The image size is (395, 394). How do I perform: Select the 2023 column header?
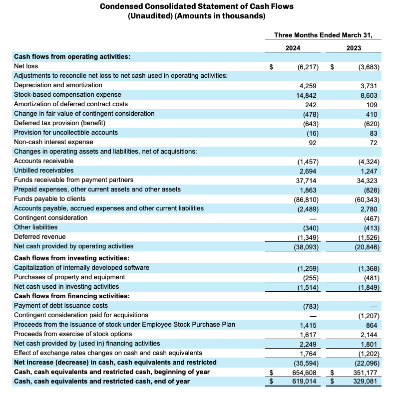click(354, 48)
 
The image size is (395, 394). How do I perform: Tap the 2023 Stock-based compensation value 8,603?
click(368, 95)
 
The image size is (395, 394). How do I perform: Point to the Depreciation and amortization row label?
click(58, 85)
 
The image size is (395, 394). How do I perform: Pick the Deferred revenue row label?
click(39, 237)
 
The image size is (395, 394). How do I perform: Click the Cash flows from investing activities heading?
click(71, 258)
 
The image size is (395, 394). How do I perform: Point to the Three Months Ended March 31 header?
click(324, 35)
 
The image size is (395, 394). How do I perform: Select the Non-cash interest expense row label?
click(53, 142)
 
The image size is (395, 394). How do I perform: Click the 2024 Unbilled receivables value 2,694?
click(309, 171)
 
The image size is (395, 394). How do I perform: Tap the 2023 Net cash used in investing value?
click(369, 287)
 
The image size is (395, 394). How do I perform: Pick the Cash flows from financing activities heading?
click(72, 296)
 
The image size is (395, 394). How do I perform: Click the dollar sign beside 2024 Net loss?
click(272, 66)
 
